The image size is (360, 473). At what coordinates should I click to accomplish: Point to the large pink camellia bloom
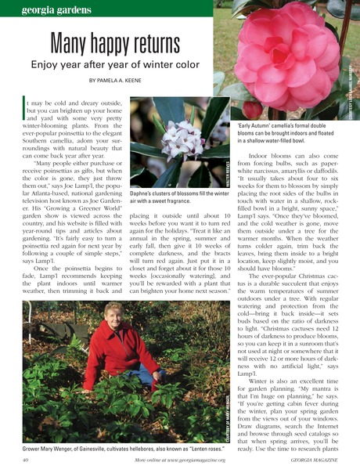pos(286,55)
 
